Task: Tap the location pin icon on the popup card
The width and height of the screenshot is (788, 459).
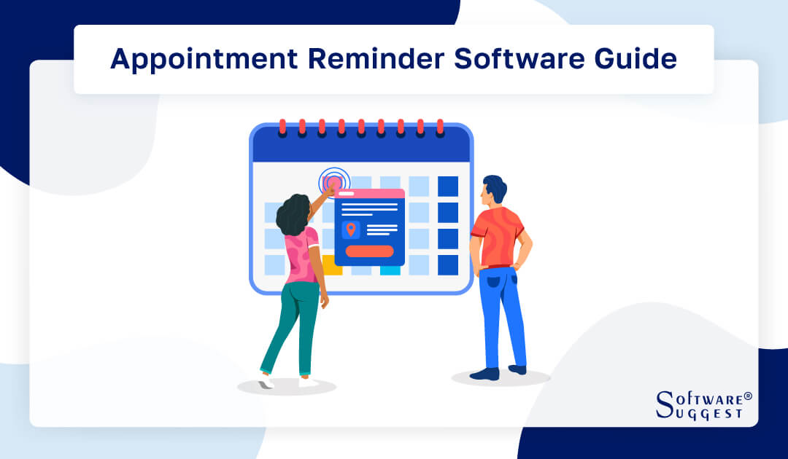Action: (351, 229)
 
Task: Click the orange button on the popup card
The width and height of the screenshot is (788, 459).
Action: (369, 251)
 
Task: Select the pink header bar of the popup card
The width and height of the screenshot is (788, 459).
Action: (369, 194)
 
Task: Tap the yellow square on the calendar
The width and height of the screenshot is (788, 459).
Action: (333, 267)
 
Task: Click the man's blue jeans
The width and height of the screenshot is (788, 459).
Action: (503, 313)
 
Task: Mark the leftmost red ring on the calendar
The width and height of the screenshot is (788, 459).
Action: (282, 126)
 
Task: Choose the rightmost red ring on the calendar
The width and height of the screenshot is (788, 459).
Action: (439, 126)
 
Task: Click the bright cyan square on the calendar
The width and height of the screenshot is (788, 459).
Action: (390, 270)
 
